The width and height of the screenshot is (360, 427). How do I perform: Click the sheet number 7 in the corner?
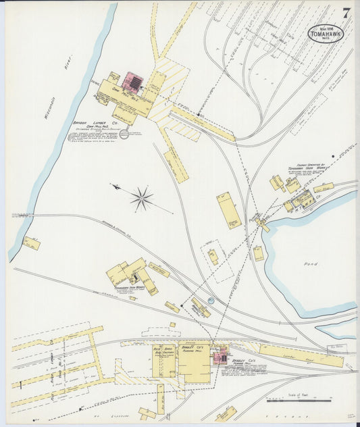click(x=346, y=12)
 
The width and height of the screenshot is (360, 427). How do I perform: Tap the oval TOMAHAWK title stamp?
click(x=326, y=32)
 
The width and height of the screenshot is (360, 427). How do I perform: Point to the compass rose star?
click(x=142, y=198)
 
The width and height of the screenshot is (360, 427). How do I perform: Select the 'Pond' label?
click(x=310, y=263)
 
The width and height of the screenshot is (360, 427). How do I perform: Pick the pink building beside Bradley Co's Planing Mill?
click(x=220, y=357)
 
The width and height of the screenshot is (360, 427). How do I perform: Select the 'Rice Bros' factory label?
click(x=163, y=350)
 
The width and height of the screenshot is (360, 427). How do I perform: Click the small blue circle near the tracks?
click(x=211, y=301)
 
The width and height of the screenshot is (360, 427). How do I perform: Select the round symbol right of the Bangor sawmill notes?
click(x=124, y=134)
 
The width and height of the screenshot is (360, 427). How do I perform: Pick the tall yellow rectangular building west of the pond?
click(x=229, y=210)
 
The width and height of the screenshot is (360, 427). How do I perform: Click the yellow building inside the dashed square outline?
click(x=213, y=257)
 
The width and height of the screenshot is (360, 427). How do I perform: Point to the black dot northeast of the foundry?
click(x=333, y=155)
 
